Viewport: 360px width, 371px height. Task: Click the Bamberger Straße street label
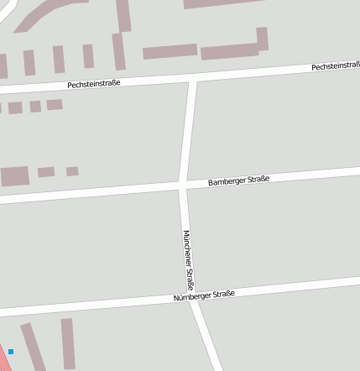(x=238, y=181)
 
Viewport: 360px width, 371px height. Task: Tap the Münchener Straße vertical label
(x=189, y=260)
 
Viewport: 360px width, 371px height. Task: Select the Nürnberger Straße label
(x=204, y=295)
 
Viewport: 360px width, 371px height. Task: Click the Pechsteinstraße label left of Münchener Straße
(x=95, y=84)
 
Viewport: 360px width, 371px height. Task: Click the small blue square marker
(x=11, y=352)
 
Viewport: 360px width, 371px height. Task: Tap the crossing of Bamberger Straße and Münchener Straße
(x=184, y=185)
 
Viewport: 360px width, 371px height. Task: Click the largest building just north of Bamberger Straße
(x=14, y=175)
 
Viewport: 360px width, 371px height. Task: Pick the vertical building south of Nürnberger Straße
(x=68, y=342)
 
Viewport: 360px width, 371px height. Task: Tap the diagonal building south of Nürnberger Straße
(x=33, y=346)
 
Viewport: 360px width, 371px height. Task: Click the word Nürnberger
(x=191, y=297)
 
